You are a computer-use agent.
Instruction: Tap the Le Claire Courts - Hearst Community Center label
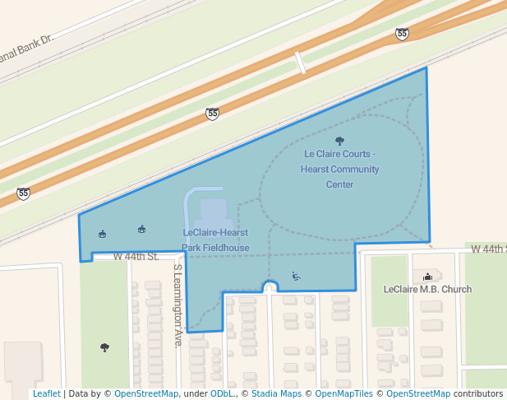340,169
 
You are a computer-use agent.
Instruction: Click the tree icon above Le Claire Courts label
340,141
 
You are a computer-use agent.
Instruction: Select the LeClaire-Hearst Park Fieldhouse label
214,240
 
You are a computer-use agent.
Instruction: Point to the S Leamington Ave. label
177,305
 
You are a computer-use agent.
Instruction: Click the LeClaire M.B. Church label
427,289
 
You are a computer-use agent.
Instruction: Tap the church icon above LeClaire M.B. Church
427,275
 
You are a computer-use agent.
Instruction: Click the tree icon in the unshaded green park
104,347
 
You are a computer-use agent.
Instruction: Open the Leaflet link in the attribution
46,393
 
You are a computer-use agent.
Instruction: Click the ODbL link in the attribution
222,393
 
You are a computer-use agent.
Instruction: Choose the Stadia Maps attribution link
276,393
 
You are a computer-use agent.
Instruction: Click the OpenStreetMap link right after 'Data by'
146,393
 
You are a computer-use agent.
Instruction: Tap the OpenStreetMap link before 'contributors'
418,393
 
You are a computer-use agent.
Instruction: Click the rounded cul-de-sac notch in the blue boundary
270,286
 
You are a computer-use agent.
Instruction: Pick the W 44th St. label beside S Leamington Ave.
136,257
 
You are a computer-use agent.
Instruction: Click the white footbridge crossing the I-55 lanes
300,63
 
